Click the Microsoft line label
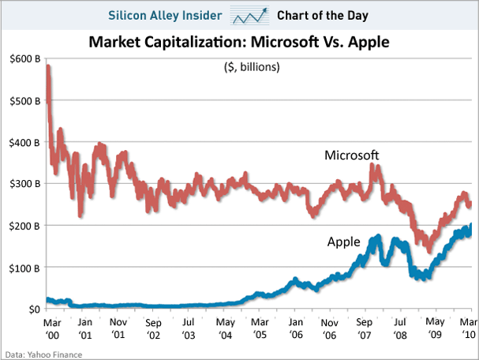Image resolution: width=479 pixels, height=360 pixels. click(x=352, y=156)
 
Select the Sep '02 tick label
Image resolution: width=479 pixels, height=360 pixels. click(x=154, y=328)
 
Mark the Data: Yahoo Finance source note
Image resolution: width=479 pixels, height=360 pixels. click(x=41, y=354)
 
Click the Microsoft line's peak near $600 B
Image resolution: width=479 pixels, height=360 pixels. click(x=49, y=67)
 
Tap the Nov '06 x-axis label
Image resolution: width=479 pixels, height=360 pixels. click(x=331, y=328)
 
